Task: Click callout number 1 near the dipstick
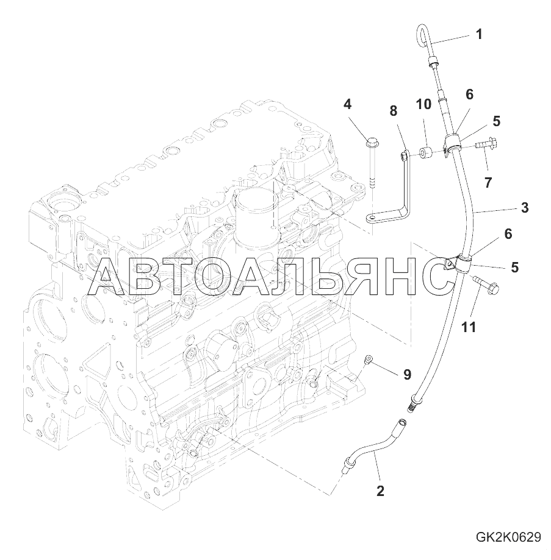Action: tap(479, 34)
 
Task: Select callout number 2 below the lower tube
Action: tap(380, 491)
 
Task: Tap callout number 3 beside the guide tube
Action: tap(525, 208)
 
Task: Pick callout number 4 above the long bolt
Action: tap(347, 104)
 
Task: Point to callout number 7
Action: tap(488, 182)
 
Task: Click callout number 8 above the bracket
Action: tap(394, 111)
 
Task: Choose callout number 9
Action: tap(407, 374)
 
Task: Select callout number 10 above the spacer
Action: tap(423, 104)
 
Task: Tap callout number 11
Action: tap(469, 327)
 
